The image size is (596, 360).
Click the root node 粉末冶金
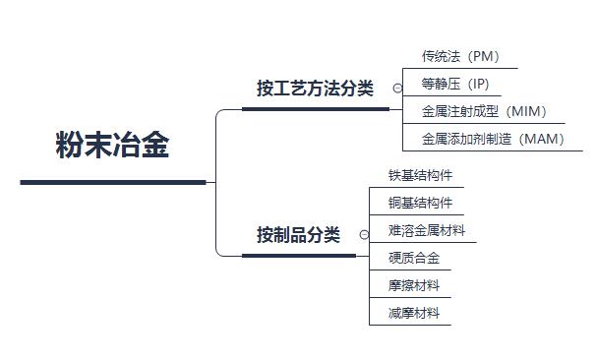pyautogui.click(x=112, y=146)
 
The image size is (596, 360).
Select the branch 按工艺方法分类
pyautogui.click(x=315, y=89)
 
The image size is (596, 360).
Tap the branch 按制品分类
pyautogui.click(x=298, y=235)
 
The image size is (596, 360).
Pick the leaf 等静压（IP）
pyautogui.click(x=454, y=85)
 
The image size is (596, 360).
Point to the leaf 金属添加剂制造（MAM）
pyautogui.click(x=493, y=139)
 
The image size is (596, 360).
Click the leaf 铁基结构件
pyautogui.click(x=420, y=176)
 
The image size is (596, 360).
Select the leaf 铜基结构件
pyautogui.click(x=420, y=204)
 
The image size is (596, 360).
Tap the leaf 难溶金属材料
pyautogui.click(x=427, y=231)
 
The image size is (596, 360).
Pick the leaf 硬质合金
pyautogui.click(x=413, y=259)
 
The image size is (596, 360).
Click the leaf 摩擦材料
pyautogui.click(x=413, y=286)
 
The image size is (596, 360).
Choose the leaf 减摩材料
pyautogui.click(x=413, y=314)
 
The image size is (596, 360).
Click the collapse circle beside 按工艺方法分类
pyautogui.click(x=397, y=89)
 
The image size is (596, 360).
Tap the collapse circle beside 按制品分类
pyautogui.click(x=364, y=235)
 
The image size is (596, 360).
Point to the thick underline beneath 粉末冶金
pyautogui.click(x=112, y=182)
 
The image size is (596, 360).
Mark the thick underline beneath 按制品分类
pyautogui.click(x=298, y=256)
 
